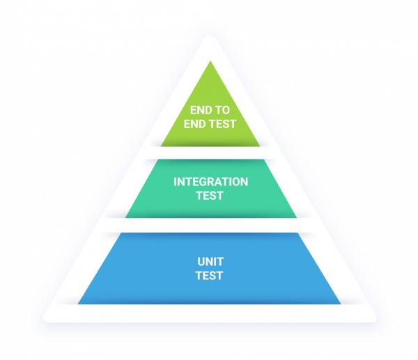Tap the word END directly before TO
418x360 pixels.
(x=201, y=110)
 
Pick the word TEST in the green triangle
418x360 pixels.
(x=222, y=125)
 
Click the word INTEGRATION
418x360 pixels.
(x=210, y=182)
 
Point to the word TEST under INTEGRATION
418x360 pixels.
(x=210, y=196)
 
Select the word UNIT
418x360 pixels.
(x=210, y=263)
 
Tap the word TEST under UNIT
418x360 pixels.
(x=210, y=276)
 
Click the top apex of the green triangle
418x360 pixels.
(x=210, y=61)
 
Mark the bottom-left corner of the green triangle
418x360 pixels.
(x=161, y=146)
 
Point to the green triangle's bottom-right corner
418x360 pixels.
(x=260, y=146)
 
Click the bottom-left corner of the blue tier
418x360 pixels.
(x=78, y=304)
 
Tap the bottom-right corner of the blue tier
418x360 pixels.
(x=341, y=304)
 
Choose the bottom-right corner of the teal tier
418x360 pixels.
(x=297, y=217)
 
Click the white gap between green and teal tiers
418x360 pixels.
(x=210, y=152)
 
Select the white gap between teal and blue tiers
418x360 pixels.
(x=210, y=225)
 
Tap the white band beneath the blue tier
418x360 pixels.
(x=210, y=313)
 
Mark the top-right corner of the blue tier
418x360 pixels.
(x=304, y=233)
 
